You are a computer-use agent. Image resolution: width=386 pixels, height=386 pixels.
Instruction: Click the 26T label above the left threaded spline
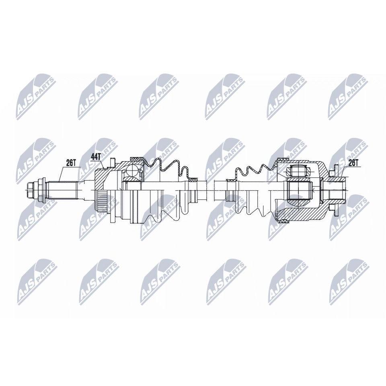point(71,163)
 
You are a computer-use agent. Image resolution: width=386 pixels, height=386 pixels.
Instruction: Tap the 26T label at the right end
point(353,163)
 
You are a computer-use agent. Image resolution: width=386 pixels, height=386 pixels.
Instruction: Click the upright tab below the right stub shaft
point(334,210)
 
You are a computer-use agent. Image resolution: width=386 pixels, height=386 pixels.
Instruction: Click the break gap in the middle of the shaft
point(210,190)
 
